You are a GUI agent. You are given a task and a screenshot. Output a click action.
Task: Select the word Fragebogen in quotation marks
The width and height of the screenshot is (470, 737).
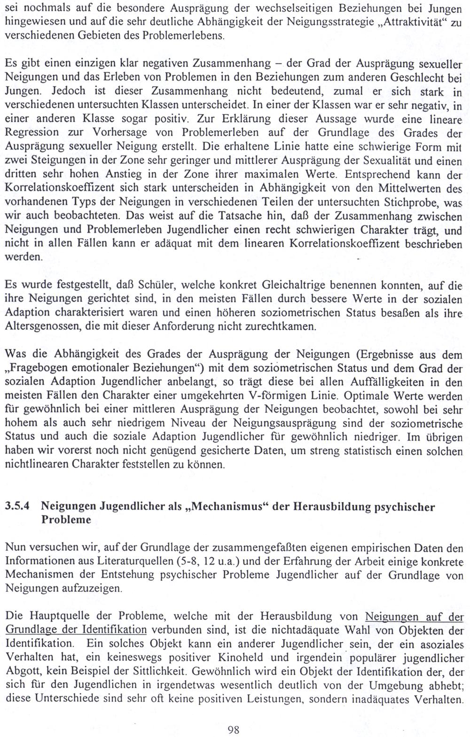tap(39, 366)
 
